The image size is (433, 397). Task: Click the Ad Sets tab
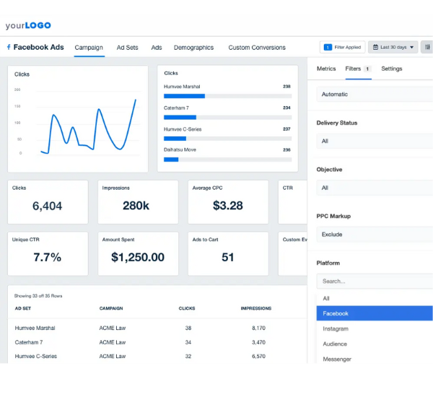tap(127, 48)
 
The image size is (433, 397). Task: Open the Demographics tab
tap(193, 48)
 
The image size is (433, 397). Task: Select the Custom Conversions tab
tap(257, 48)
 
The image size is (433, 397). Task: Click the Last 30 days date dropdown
tap(393, 47)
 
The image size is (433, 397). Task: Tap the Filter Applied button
tap(342, 47)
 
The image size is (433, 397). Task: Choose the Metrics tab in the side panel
tap(326, 69)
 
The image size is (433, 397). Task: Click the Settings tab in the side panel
tap(392, 69)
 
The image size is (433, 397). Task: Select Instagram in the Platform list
tap(336, 328)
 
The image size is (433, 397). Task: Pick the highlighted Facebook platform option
tap(336, 313)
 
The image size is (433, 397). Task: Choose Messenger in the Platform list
tap(337, 359)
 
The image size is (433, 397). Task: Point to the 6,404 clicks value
tap(48, 206)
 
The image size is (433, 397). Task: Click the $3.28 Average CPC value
tap(228, 206)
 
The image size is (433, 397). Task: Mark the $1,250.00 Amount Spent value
tap(138, 257)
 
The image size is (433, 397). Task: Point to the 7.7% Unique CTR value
tap(48, 257)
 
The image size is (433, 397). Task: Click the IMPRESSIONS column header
tap(256, 308)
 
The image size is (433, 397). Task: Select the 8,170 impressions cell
tap(259, 328)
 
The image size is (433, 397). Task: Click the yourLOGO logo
tap(28, 25)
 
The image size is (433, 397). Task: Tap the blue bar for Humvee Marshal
tap(184, 96)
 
